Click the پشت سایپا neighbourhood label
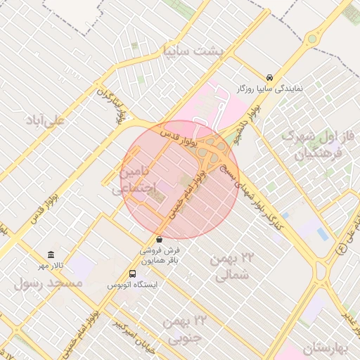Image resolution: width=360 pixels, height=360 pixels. pos(192,51)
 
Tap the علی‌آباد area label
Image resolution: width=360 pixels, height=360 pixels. pos(44,121)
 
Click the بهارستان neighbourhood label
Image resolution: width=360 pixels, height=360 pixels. pos(326,348)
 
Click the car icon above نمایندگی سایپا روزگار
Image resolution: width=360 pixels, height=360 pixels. pos(270,77)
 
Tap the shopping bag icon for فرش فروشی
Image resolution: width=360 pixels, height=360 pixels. pos(160,239)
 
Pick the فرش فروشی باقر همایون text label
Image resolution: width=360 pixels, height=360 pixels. pos(160,255)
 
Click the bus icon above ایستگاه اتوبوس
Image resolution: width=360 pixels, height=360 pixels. pos(133,273)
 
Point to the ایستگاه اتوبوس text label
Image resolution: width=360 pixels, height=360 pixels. pos(133,285)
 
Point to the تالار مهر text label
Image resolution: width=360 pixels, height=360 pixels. pos(50,265)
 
